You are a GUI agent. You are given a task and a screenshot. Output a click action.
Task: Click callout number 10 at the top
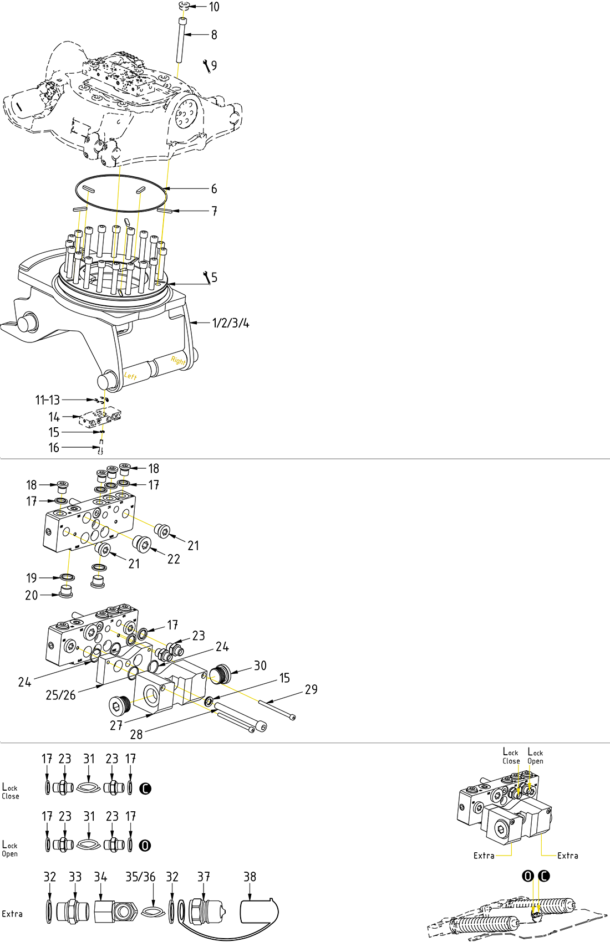[x=214, y=7]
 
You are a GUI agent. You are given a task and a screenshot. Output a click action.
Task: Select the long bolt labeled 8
[x=181, y=42]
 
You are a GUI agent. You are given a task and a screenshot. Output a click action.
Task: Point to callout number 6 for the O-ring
[x=214, y=189]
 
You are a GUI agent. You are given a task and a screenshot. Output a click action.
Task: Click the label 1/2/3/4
[x=231, y=323]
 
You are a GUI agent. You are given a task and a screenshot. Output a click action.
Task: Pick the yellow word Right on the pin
[x=178, y=360]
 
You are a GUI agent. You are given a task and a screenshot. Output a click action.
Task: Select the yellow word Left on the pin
[x=130, y=376]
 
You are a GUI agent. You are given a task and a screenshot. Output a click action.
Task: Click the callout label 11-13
[x=47, y=400]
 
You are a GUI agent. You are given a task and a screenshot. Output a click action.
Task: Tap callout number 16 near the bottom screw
[x=54, y=448]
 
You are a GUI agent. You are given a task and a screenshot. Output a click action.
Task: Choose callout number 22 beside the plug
[x=174, y=559]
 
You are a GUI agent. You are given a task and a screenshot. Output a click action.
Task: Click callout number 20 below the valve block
[x=32, y=596]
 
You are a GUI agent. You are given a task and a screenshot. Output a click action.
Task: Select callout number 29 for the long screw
[x=311, y=690]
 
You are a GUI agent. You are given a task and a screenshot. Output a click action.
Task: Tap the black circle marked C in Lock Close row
[x=145, y=788]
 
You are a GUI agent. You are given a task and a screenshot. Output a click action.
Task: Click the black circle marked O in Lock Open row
[x=145, y=846]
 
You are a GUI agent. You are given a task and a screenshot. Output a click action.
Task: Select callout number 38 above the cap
[x=250, y=877]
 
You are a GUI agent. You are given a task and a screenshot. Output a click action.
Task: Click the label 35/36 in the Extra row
[x=140, y=877]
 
